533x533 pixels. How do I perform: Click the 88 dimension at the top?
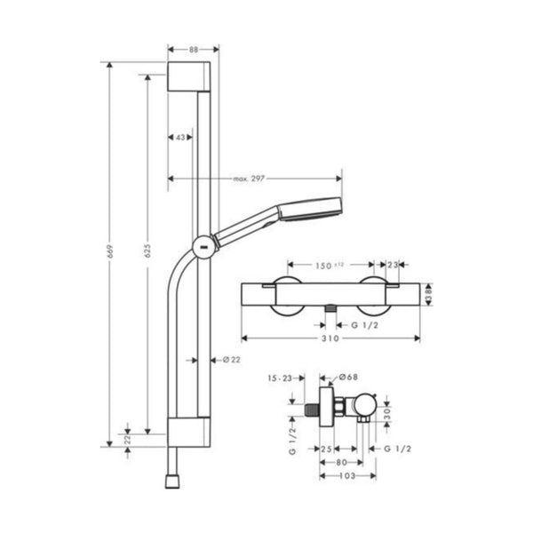[x=187, y=50]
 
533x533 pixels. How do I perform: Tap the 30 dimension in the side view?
[x=387, y=412]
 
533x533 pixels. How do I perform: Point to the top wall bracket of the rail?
[x=187, y=76]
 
